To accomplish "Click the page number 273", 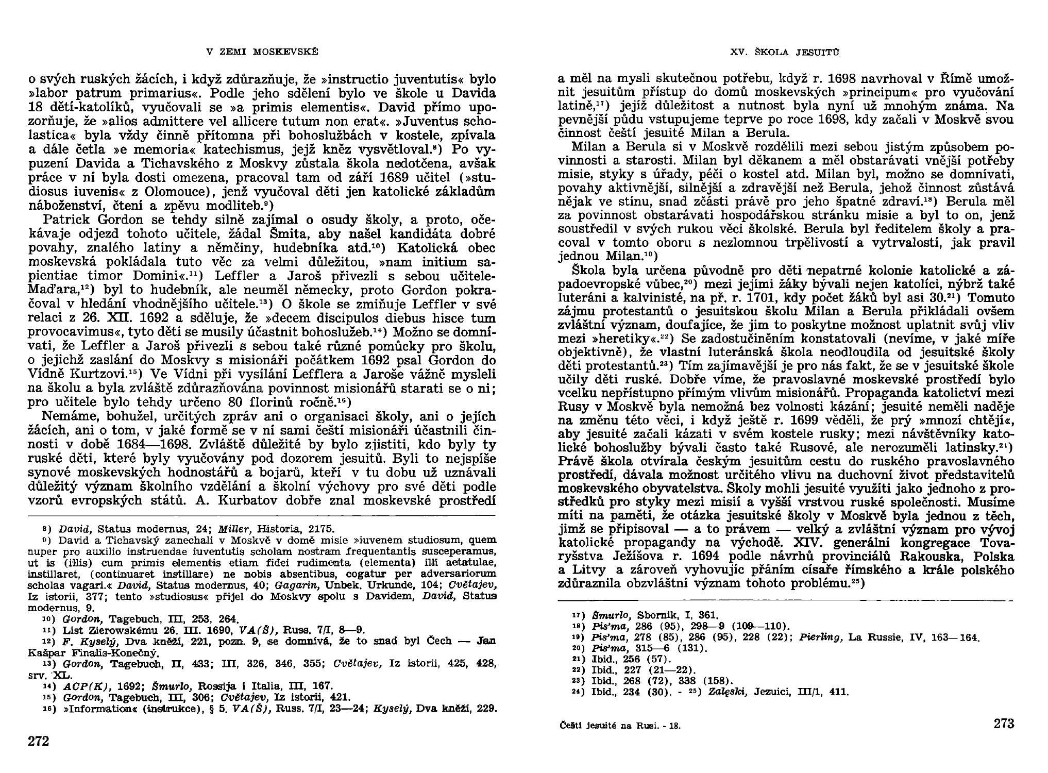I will (1004, 723).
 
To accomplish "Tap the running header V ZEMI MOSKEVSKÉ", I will (262, 52).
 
